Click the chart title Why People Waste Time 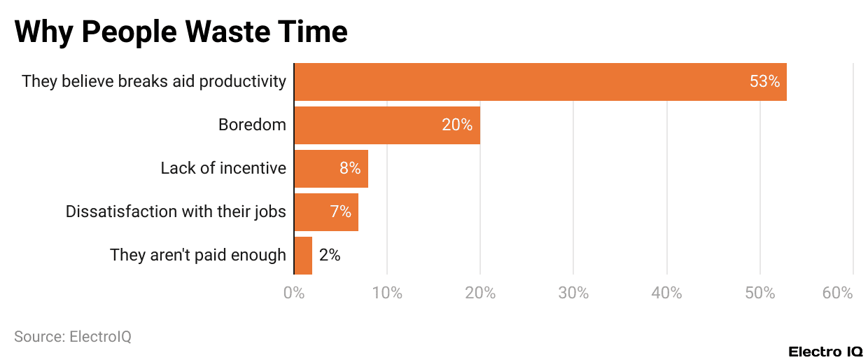[x=181, y=32]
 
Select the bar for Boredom [x=386, y=125]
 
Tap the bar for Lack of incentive [x=330, y=169]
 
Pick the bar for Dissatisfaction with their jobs [x=326, y=212]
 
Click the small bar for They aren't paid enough [x=303, y=256]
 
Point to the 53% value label [x=764, y=82]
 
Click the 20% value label [x=457, y=125]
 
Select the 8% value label [x=350, y=169]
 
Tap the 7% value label [x=341, y=212]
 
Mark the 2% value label [x=330, y=256]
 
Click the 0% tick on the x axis [x=294, y=293]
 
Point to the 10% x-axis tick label [x=387, y=293]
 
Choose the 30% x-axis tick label [x=573, y=293]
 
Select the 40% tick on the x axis [x=666, y=293]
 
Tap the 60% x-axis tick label [x=837, y=293]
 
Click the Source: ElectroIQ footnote [x=73, y=337]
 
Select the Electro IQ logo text [x=825, y=352]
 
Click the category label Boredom [x=252, y=125]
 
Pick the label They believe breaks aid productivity [x=154, y=82]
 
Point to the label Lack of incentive [x=223, y=169]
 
